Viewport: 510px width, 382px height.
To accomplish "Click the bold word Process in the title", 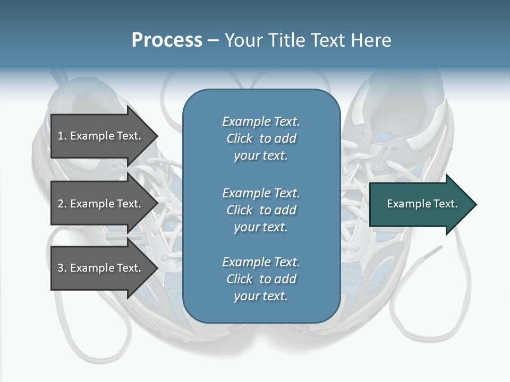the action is [167, 40].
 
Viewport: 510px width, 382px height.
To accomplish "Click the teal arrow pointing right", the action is [423, 204].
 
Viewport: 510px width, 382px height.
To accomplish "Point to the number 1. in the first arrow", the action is [62, 136].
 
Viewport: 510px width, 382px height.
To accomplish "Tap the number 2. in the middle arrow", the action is [62, 204].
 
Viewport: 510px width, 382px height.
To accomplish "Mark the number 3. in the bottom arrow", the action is [62, 268].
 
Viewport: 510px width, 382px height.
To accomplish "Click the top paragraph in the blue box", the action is [261, 138].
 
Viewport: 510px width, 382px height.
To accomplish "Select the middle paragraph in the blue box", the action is [261, 210].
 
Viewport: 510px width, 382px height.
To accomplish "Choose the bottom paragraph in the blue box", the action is [261, 279].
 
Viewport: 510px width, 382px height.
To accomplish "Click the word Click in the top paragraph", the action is [240, 138].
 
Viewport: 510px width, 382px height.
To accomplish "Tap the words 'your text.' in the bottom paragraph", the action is [261, 296].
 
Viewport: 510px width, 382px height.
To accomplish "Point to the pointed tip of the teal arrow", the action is [477, 204].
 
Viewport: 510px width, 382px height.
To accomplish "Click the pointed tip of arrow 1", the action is [158, 136].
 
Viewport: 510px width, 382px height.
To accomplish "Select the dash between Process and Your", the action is [214, 41].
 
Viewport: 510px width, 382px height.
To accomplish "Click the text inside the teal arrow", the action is [422, 204].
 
